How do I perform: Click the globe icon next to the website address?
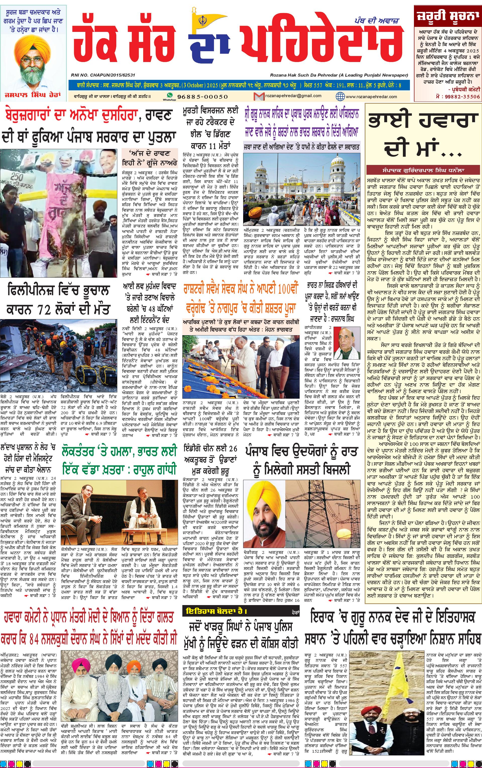pos(340,96)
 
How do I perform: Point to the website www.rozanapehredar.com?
pos(371,96)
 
